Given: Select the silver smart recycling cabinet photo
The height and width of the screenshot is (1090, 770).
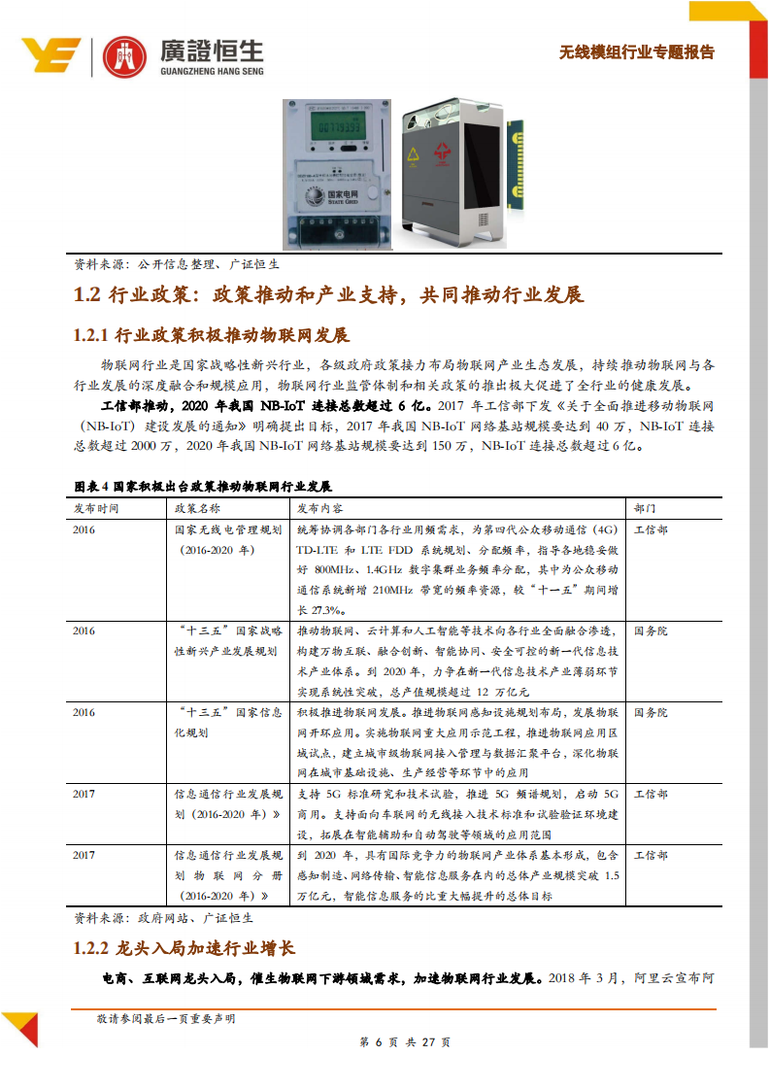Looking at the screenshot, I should click(456, 175).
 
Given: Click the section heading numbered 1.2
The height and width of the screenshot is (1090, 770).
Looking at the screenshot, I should click(328, 295).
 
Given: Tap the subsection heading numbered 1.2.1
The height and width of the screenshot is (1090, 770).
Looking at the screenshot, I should click(211, 336).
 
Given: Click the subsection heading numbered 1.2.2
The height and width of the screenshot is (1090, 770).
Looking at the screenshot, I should click(184, 947).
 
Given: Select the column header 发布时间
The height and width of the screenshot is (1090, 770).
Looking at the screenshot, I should click(96, 508).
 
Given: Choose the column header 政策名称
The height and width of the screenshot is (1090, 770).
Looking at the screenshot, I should click(197, 508).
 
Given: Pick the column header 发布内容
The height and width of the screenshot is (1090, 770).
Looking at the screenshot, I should click(319, 508).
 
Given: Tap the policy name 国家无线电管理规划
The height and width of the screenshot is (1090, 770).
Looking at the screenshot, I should click(228, 529).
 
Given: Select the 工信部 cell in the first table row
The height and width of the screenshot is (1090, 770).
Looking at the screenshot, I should click(651, 529).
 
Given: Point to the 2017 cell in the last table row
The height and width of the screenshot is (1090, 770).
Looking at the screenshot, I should click(84, 855).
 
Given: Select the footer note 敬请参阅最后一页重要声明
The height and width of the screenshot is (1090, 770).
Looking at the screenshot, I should click(165, 1019).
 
